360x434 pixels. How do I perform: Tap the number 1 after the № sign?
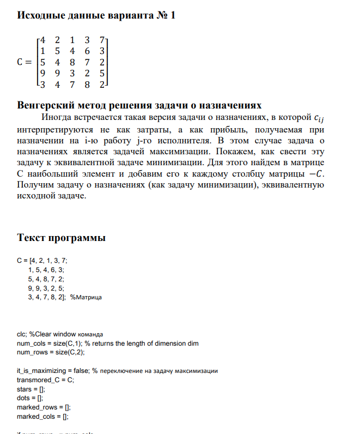pyautogui.click(x=173, y=15)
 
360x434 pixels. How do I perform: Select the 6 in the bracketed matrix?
pyautogui.click(x=87, y=51)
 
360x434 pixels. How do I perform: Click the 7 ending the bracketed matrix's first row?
pyautogui.click(x=102, y=40)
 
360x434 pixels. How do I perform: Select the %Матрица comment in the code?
pyautogui.click(x=86, y=297)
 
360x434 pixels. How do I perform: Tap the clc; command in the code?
pyautogui.click(x=22, y=334)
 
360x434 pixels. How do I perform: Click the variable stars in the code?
pyautogui.click(x=24, y=389)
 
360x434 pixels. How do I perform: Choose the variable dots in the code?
pyautogui.click(x=23, y=398)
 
